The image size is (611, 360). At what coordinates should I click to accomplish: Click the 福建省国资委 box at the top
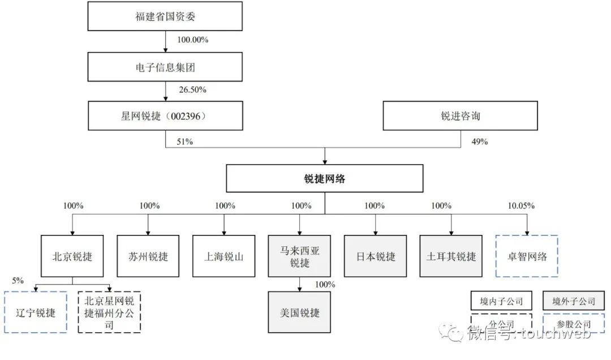tap(165, 17)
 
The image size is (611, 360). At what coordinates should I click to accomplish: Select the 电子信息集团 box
tap(165, 68)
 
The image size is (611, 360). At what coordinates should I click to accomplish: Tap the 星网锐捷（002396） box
tap(165, 117)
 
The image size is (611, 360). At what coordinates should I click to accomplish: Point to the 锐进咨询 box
tap(461, 117)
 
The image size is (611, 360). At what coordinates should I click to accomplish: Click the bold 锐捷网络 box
tap(325, 179)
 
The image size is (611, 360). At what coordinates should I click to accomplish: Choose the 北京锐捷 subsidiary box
tap(72, 256)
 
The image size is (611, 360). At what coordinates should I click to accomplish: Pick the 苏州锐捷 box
tap(148, 256)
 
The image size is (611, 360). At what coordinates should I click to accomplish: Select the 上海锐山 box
tap(224, 256)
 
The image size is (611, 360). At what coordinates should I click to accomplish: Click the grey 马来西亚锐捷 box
tap(300, 256)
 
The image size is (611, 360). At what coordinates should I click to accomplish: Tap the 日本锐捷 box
tap(375, 256)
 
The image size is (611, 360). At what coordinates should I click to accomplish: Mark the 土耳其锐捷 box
tap(451, 256)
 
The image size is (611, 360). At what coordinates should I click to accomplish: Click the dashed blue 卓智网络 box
tap(527, 256)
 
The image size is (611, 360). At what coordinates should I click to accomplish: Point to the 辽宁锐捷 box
tap(35, 312)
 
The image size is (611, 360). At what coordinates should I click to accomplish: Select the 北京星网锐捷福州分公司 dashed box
tap(109, 312)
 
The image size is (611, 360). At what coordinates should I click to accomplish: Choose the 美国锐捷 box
tap(300, 312)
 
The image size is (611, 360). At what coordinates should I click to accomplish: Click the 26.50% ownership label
tap(192, 90)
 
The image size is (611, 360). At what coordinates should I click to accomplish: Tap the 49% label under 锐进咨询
tap(479, 142)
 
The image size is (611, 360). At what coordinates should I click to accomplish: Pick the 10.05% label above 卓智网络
tap(522, 205)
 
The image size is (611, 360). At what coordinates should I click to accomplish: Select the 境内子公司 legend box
tap(502, 301)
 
